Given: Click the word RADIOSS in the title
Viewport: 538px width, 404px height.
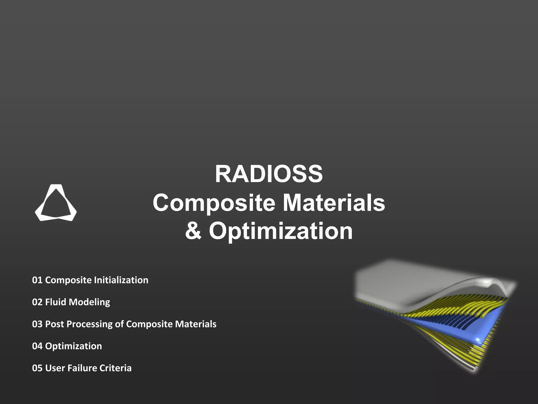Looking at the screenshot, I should click(269, 174).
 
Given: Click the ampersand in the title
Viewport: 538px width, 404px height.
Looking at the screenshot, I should click(193, 231).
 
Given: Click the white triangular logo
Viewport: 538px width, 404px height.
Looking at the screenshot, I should click(56, 203).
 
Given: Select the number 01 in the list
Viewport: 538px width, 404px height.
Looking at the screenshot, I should click(37, 280).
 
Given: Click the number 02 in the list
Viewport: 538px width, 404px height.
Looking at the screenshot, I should click(37, 302).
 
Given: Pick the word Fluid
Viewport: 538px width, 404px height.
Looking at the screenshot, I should click(55, 302).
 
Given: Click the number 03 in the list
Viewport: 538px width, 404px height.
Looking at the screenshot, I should click(37, 324).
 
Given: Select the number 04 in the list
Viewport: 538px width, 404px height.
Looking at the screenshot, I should click(37, 346).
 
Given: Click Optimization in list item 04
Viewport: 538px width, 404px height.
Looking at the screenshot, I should click(74, 346).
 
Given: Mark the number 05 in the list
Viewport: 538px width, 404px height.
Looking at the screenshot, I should click(37, 368).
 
